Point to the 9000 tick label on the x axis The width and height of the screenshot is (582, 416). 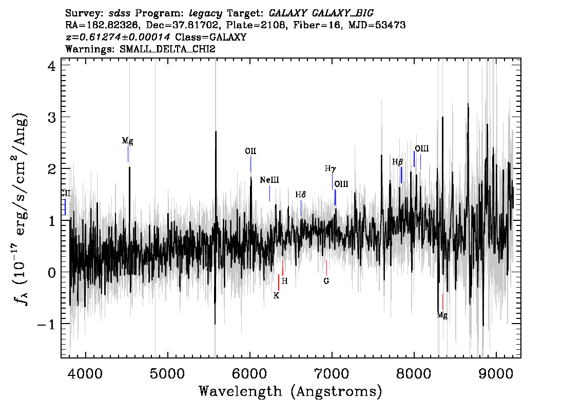click(x=496, y=373)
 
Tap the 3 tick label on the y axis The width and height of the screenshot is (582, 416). click(x=51, y=118)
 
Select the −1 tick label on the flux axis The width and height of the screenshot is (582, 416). click(x=46, y=324)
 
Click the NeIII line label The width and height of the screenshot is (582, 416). click(x=269, y=180)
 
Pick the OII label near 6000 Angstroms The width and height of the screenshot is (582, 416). click(x=250, y=151)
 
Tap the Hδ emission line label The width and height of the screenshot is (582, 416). click(x=301, y=195)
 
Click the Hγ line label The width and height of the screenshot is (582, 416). click(x=331, y=169)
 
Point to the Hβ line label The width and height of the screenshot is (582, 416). click(x=398, y=162)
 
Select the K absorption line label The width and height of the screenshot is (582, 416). click(x=276, y=296)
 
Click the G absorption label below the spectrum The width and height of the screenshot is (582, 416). click(x=326, y=281)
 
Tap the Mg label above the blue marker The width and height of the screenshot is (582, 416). click(x=127, y=141)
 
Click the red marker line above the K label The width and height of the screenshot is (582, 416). click(x=278, y=282)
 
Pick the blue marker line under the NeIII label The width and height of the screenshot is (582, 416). click(x=269, y=193)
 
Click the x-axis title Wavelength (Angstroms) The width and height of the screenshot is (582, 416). click(x=290, y=391)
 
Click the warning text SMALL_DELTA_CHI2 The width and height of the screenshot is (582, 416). click(x=167, y=49)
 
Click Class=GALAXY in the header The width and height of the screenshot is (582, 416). click(x=211, y=37)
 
